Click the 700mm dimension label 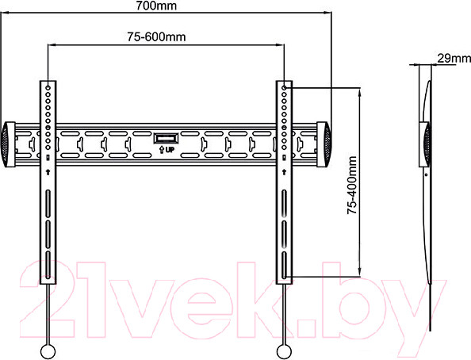point(156,6)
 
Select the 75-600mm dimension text point(156,37)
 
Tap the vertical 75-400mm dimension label point(352,185)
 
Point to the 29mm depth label point(454,58)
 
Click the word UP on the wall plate point(170,149)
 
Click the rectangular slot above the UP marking point(166,139)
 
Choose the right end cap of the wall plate point(324,144)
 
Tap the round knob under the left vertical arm point(48,351)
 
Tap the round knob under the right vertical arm point(284,351)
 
